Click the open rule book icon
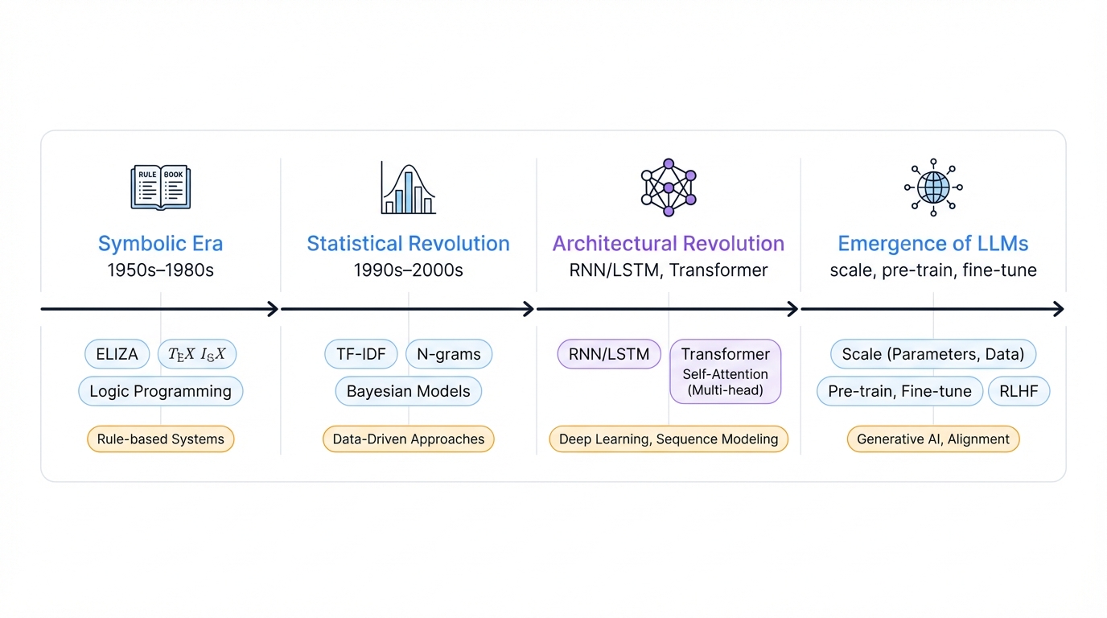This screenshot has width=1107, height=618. click(161, 187)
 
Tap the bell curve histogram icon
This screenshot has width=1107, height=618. click(408, 188)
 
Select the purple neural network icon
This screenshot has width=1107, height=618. click(668, 187)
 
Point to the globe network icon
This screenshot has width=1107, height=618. click(933, 187)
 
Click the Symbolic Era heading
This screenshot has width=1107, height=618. click(160, 244)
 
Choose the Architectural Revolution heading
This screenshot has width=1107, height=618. click(668, 244)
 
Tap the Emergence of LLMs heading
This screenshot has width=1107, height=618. click(933, 244)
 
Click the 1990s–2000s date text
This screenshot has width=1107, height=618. click(408, 270)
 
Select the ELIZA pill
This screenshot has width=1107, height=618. click(117, 354)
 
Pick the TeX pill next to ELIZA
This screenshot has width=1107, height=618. click(197, 354)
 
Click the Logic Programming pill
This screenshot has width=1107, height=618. click(160, 392)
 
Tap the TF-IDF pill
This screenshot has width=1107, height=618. click(360, 354)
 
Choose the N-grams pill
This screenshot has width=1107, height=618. click(448, 354)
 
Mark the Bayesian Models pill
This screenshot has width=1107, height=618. click(408, 392)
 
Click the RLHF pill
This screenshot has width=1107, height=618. click(1019, 392)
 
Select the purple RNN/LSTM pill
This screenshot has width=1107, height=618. click(609, 354)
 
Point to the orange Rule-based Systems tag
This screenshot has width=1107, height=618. click(160, 439)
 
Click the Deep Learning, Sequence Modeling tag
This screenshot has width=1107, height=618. click(668, 439)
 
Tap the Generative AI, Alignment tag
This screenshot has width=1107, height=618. click(933, 439)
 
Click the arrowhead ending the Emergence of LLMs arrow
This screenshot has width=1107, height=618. click(1059, 309)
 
